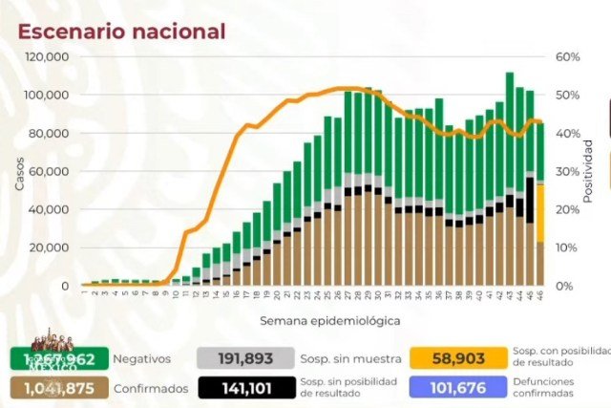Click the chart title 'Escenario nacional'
122,31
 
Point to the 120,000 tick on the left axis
46,57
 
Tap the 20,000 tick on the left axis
49,248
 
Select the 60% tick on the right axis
567,57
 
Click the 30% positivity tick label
567,172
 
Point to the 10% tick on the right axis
567,248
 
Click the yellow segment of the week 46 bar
539,212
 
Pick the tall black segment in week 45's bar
530,200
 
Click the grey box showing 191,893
238,359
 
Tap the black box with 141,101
238,387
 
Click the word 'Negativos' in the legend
141,359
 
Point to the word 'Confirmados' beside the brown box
147,387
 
